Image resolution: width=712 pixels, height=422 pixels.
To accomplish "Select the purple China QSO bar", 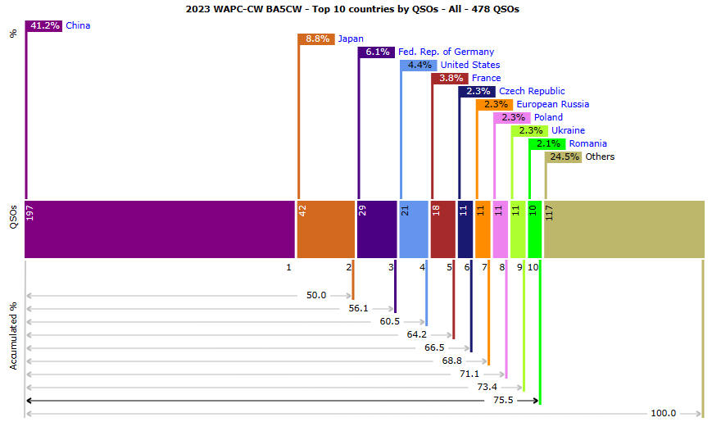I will coord(160,229).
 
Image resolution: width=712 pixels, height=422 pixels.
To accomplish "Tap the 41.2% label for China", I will coord(45,25).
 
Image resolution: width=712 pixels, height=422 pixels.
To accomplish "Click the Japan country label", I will coord(351,39).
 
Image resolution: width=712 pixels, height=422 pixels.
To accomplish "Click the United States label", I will coord(469,65).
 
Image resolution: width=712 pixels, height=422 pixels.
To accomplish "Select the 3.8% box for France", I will coord(450,78).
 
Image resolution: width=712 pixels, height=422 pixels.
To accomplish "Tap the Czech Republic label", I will coord(532,91).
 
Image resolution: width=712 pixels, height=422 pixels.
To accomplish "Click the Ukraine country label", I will coord(568,130).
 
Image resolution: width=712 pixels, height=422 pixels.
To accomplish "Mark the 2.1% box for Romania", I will coord(547,143).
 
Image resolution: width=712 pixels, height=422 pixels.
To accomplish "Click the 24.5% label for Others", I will coord(564,157).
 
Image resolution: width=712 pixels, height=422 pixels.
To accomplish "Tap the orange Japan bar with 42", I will coord(324,229).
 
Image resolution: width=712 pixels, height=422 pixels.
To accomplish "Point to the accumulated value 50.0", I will coord(316,295).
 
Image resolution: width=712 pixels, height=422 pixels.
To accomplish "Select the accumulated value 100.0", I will coord(663,413).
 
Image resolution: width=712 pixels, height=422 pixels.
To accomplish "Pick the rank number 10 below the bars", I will coord(533,267).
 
